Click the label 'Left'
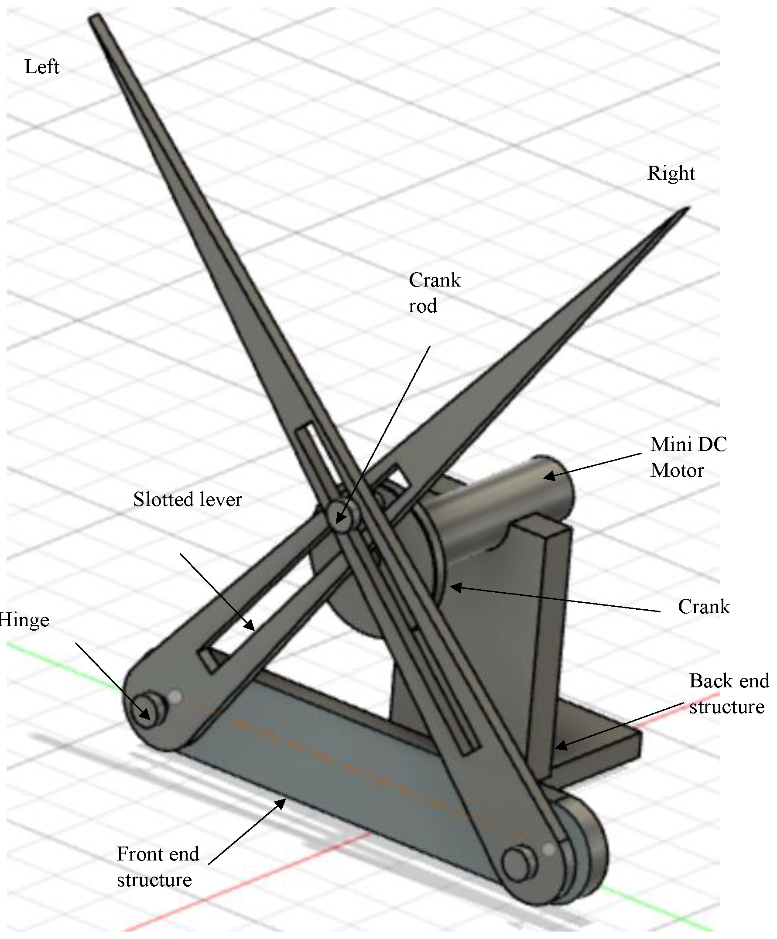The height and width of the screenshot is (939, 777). point(41,67)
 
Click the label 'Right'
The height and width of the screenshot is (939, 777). point(671,173)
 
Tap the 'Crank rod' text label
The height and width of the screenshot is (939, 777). point(434,293)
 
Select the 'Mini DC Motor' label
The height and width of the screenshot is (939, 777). point(688,457)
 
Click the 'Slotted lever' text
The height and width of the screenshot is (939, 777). point(188,499)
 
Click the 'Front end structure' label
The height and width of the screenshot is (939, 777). point(157,867)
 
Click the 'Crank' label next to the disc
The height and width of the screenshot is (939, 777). point(704,607)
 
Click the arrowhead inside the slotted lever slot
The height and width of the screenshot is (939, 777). point(250,625)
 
